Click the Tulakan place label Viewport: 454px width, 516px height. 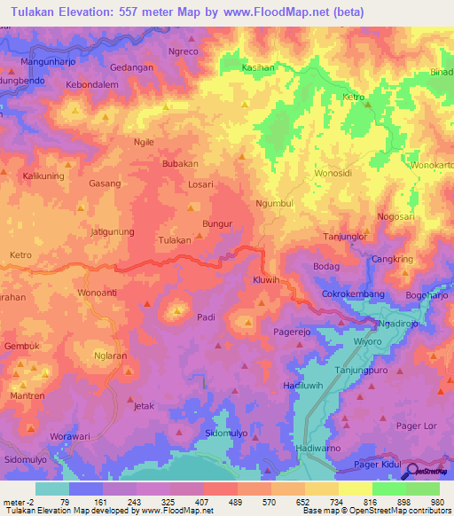click(174, 240)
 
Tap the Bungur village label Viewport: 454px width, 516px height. click(217, 224)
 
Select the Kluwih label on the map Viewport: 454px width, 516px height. click(266, 279)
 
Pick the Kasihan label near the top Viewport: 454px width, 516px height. click(259, 67)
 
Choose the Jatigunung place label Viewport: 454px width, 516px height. click(113, 231)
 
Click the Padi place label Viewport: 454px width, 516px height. click(206, 317)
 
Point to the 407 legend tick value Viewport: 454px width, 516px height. click(204, 501)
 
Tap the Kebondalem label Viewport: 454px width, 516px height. click(92, 84)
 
